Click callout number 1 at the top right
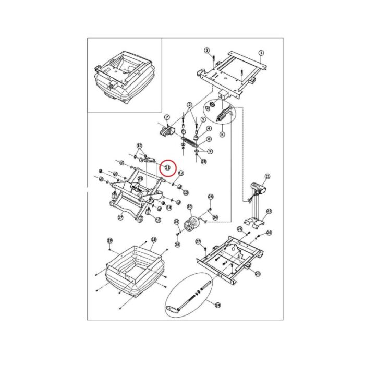click(261, 53)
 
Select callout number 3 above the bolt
click(207, 51)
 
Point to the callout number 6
click(222, 134)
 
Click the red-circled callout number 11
click(167, 167)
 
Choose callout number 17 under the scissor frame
click(120, 217)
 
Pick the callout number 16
click(158, 220)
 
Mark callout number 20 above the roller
click(189, 207)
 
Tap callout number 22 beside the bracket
click(269, 212)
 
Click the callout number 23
click(258, 273)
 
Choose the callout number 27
click(198, 241)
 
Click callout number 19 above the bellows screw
click(110, 240)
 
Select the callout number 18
click(153, 240)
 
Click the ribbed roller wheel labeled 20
click(193, 224)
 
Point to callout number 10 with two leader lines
click(139, 145)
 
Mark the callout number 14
click(168, 208)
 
